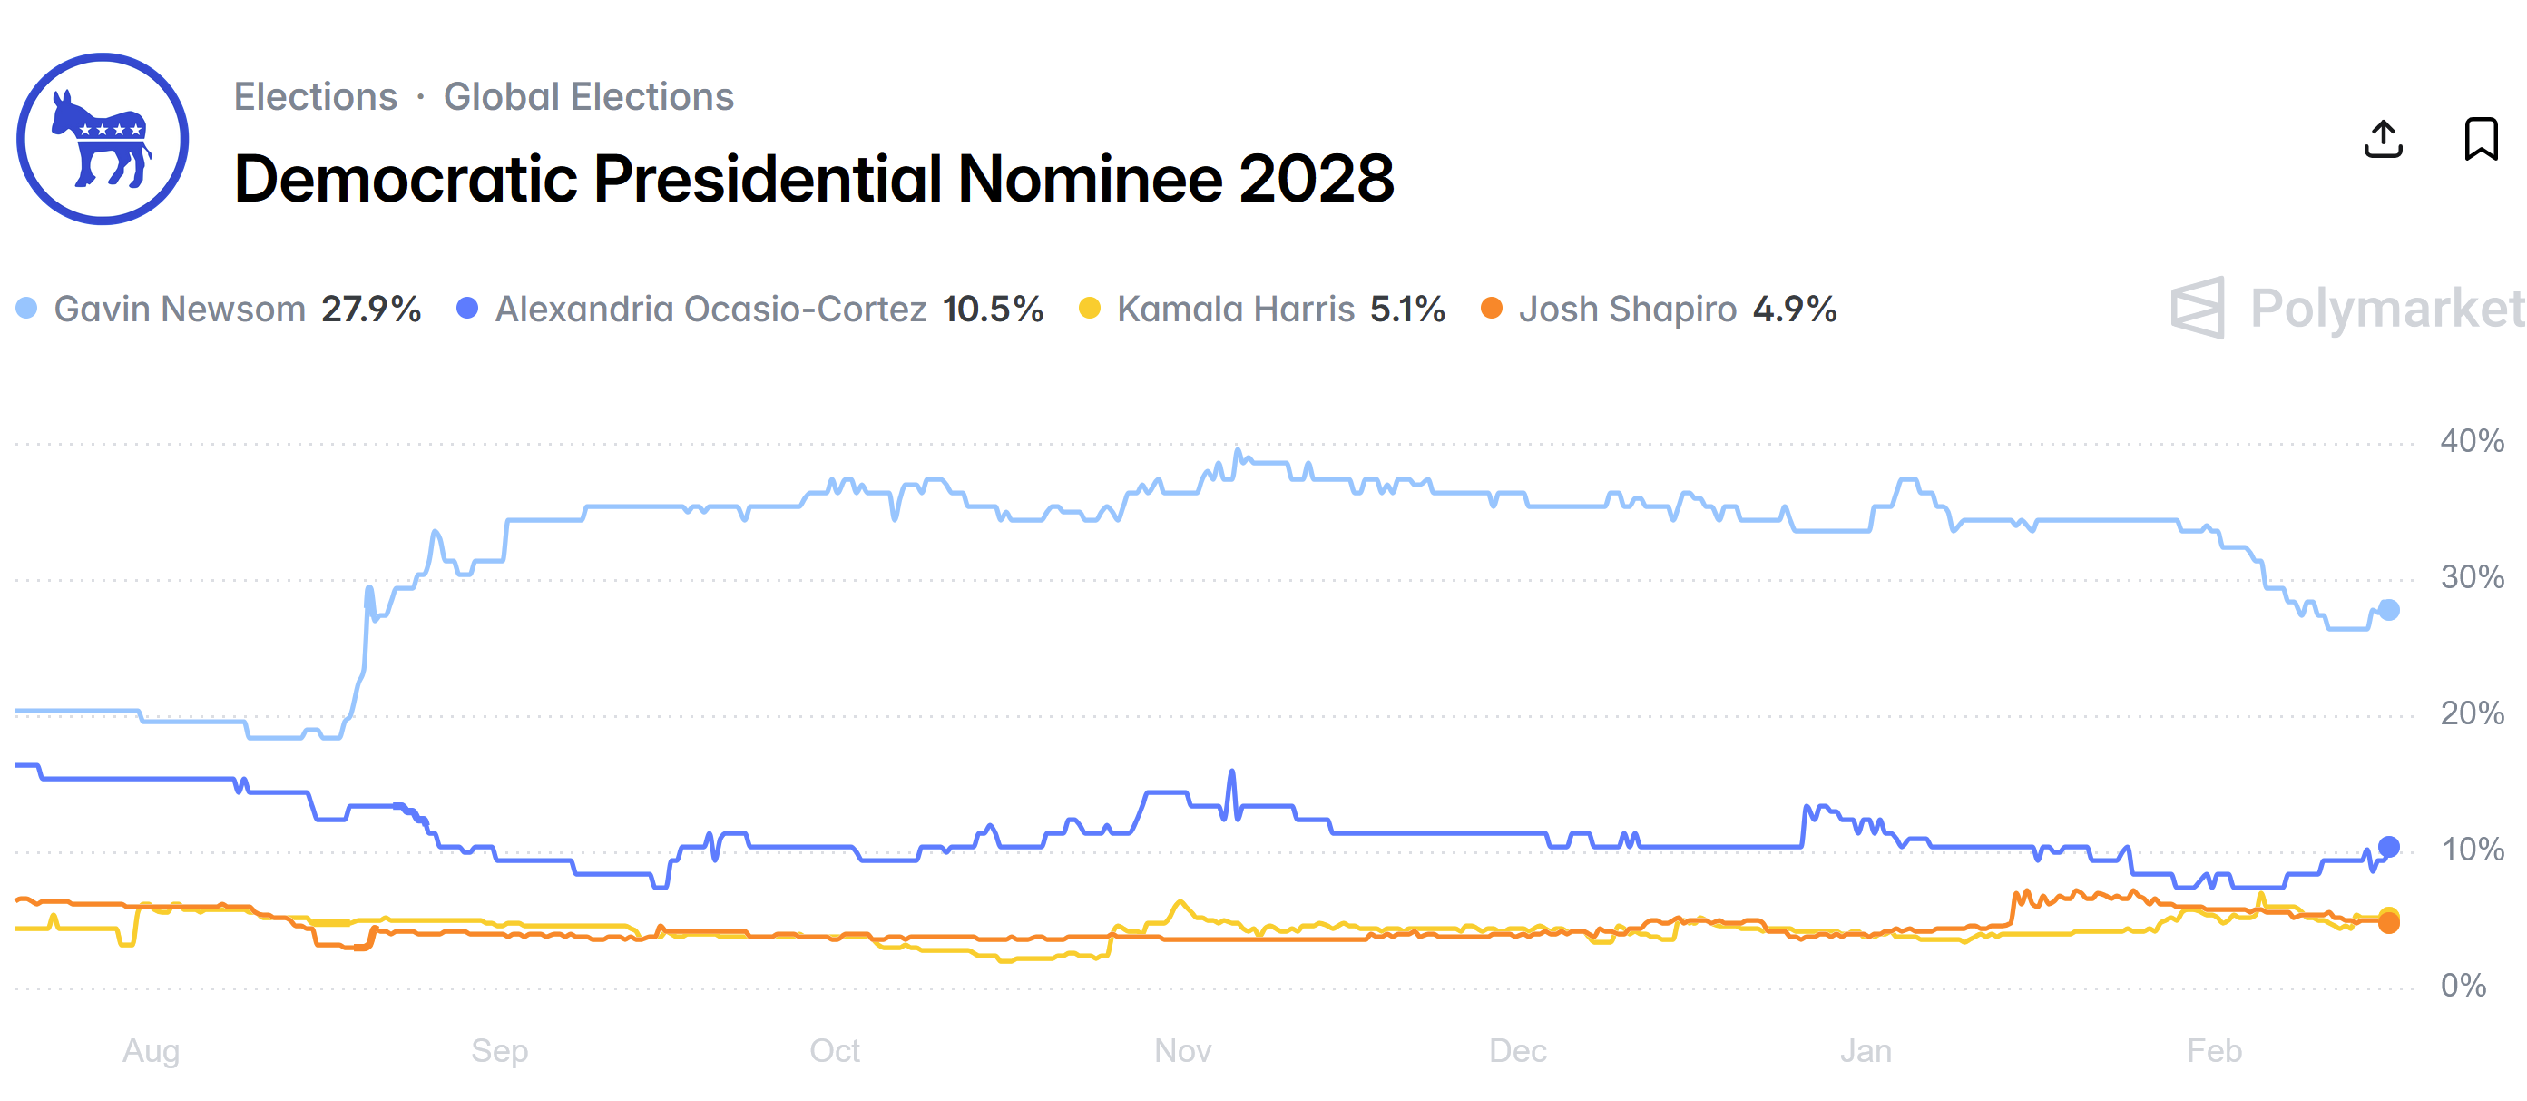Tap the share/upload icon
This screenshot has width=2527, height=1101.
tap(2383, 140)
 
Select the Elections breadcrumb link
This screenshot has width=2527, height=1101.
tap(315, 96)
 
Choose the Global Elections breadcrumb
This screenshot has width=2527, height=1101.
tap(589, 96)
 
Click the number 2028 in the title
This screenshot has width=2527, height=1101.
tap(1316, 179)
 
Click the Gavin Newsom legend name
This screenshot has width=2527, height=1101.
tap(180, 310)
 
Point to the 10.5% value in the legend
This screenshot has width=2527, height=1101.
tap(993, 310)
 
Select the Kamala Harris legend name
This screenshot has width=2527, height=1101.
tap(1235, 310)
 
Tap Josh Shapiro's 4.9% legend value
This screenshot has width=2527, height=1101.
tap(1794, 310)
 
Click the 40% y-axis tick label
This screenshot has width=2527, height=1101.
tap(2472, 440)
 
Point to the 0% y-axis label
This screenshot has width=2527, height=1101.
tap(2463, 985)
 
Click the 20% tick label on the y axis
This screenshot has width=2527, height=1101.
tap(2472, 713)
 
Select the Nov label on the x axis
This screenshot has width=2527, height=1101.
tap(1182, 1051)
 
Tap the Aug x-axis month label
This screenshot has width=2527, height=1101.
tap(151, 1051)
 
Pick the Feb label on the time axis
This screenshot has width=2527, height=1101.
tap(2214, 1051)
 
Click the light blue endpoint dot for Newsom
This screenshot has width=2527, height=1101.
tap(2389, 610)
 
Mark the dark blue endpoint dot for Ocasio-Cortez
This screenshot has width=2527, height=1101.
tap(2389, 847)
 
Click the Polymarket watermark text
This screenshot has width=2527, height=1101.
tap(2386, 310)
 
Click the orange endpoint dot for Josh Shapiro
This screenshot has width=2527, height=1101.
tap(2389, 923)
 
